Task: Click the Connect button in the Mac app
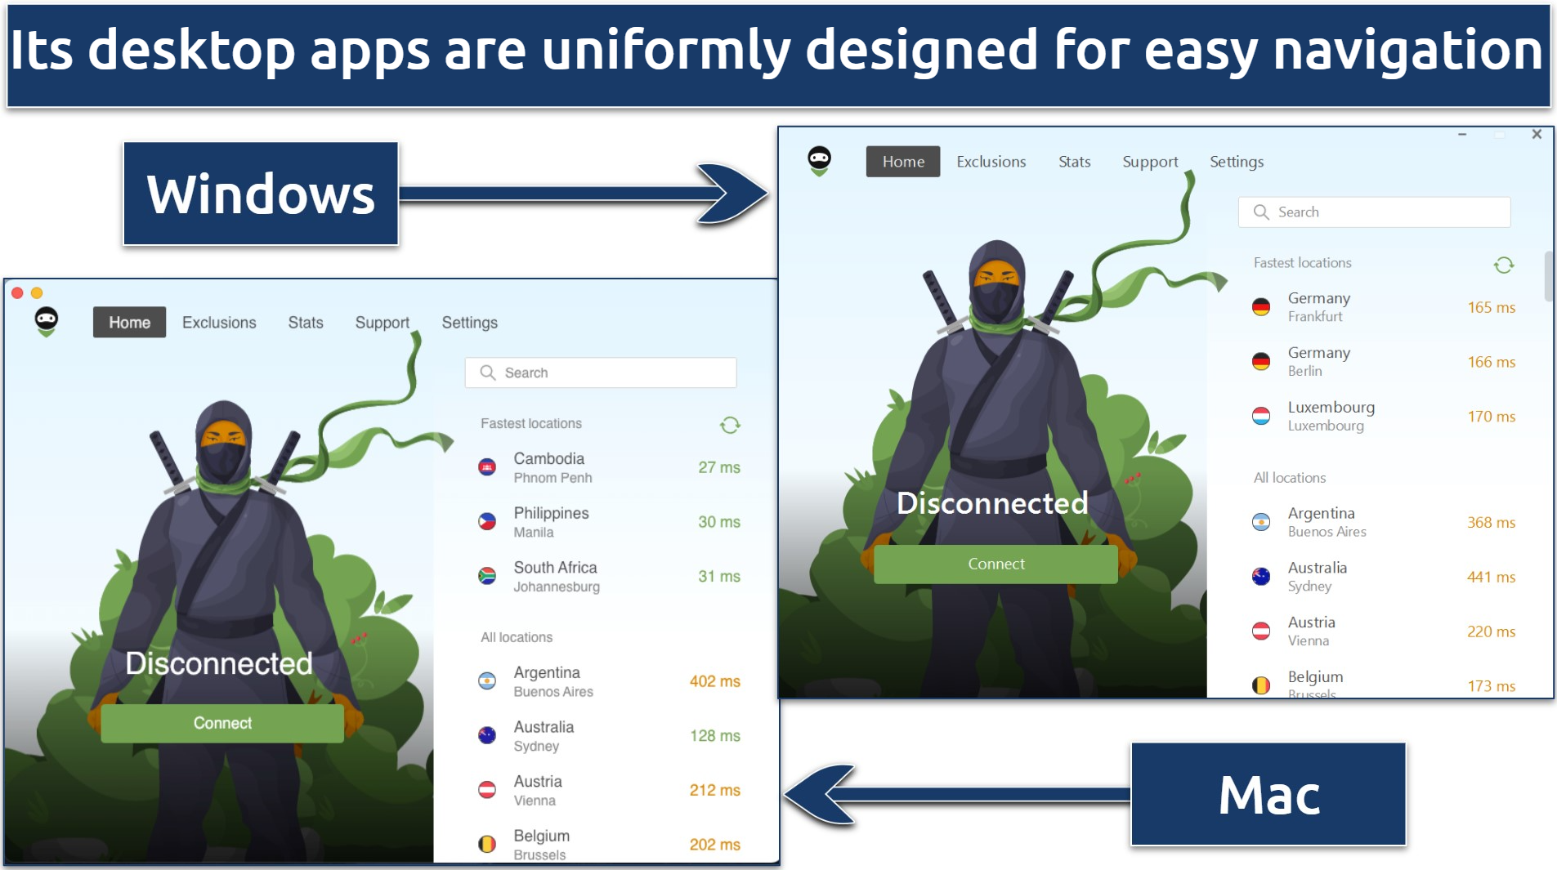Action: tap(221, 723)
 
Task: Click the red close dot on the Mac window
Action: tap(17, 292)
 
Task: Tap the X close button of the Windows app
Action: tap(1537, 134)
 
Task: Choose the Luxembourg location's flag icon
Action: tap(1261, 416)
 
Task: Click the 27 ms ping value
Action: tap(718, 467)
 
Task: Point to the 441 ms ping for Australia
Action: tap(1491, 577)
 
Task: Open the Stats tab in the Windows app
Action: tap(1074, 162)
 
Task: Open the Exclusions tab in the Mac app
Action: tap(219, 323)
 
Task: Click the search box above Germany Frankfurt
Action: tap(1374, 212)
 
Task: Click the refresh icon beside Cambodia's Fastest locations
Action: tap(730, 425)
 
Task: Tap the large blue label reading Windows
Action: tap(261, 194)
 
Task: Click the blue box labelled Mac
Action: tap(1268, 794)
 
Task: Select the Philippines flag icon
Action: tap(487, 521)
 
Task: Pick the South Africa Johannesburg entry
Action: tap(556, 576)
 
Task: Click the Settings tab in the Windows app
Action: tap(1236, 162)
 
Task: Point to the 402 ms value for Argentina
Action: tap(714, 681)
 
